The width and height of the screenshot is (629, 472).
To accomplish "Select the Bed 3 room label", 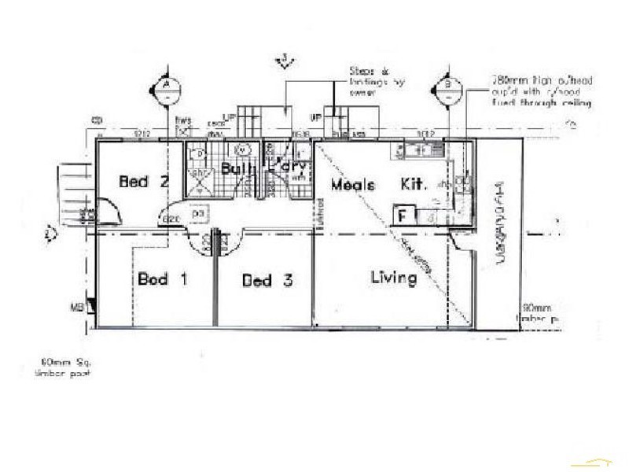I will point(267,281).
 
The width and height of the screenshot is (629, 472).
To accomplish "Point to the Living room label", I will point(393,278).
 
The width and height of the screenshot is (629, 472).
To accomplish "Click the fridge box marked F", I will point(404,215).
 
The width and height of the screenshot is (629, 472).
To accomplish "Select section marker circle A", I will point(167,88).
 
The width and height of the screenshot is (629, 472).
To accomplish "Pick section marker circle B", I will point(447,88).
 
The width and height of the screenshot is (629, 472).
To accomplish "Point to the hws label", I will point(183,121).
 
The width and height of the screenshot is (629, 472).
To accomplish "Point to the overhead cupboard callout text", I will point(541,91).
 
